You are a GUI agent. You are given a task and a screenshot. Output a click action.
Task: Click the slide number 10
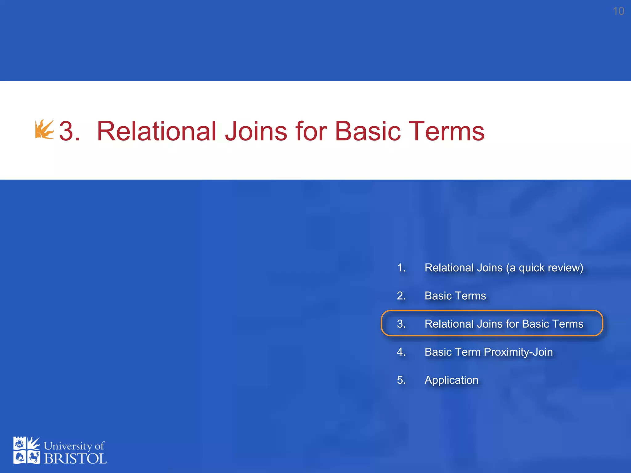click(618, 11)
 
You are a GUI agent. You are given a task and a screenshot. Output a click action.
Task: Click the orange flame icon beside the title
click(44, 130)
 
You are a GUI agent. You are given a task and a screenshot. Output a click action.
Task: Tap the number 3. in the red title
click(69, 131)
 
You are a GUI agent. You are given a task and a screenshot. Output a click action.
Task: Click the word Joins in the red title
click(256, 131)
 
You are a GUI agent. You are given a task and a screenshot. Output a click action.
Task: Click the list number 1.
click(401, 268)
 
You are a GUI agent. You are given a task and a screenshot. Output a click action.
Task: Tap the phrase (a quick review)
click(544, 268)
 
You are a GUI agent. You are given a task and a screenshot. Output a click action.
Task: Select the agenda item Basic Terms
click(455, 296)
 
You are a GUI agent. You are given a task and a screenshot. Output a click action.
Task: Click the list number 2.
click(401, 296)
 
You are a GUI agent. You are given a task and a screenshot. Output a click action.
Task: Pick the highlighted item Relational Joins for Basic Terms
click(504, 324)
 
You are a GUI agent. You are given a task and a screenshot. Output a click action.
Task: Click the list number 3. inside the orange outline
click(401, 324)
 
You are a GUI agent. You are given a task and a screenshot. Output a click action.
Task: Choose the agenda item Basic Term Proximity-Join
click(488, 352)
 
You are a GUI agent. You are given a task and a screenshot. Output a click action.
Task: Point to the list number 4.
click(401, 352)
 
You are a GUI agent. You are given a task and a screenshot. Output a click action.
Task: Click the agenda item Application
click(451, 380)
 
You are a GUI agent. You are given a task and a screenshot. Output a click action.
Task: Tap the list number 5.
click(401, 380)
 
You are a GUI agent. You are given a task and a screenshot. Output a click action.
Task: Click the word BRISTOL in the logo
click(75, 459)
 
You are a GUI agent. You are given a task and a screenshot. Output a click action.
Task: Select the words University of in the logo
click(74, 446)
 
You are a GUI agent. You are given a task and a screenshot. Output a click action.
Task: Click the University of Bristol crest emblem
click(26, 450)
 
